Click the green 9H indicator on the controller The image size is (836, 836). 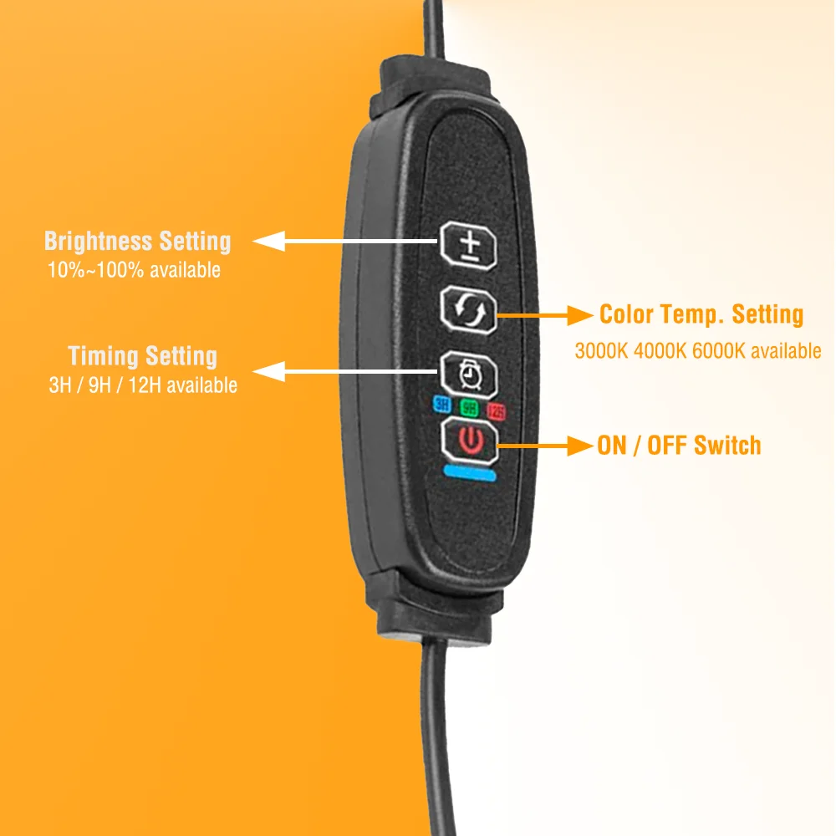click(x=469, y=408)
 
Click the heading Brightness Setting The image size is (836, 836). click(x=137, y=242)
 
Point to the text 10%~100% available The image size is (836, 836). click(x=135, y=270)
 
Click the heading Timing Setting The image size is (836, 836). click(x=142, y=356)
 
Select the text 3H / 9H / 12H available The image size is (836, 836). click(x=142, y=385)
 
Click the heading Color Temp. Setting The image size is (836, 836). click(x=701, y=314)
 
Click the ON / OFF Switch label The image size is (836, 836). click(x=679, y=445)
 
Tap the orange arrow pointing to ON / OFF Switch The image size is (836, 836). click(x=543, y=445)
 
